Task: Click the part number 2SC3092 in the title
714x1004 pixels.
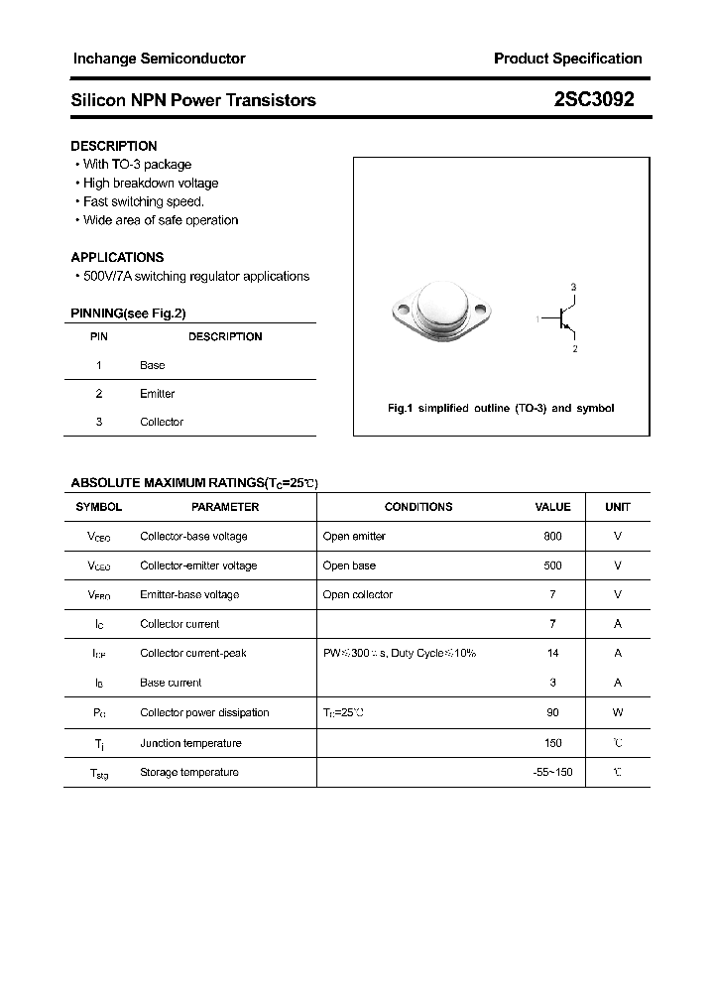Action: coord(594,99)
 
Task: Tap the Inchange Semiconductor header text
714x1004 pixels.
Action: coord(159,59)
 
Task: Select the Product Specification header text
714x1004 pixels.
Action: coord(567,59)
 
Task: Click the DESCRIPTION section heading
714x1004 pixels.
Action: coord(114,146)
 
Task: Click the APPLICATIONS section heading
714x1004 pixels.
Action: coord(117,257)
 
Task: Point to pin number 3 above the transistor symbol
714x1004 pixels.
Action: coord(573,287)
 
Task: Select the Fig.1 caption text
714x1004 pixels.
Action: coord(500,409)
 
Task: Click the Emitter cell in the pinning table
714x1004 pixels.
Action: coord(157,394)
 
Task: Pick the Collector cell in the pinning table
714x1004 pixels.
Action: coord(161,422)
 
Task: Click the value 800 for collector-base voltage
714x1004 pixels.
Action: coord(552,536)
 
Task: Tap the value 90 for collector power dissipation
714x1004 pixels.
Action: coord(552,712)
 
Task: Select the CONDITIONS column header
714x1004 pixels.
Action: coord(417,507)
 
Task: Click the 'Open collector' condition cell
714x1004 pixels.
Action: coord(357,594)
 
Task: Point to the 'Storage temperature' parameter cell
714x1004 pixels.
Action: coord(188,772)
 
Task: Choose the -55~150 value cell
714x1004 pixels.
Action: coord(552,772)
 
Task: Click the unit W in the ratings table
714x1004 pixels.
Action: coord(617,712)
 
